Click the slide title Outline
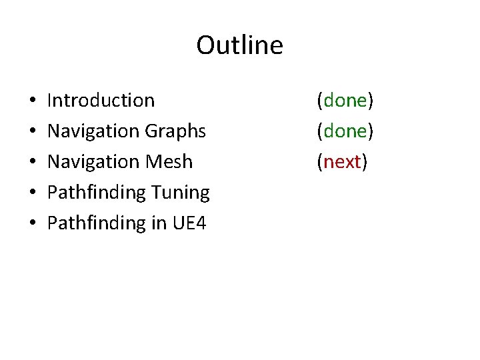click(x=239, y=45)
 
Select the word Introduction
click(x=101, y=101)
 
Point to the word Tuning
click(x=180, y=193)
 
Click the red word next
click(x=343, y=161)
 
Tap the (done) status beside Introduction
click(x=345, y=101)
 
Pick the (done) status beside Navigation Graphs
click(x=345, y=131)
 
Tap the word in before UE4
click(x=159, y=223)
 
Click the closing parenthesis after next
click(x=365, y=162)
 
